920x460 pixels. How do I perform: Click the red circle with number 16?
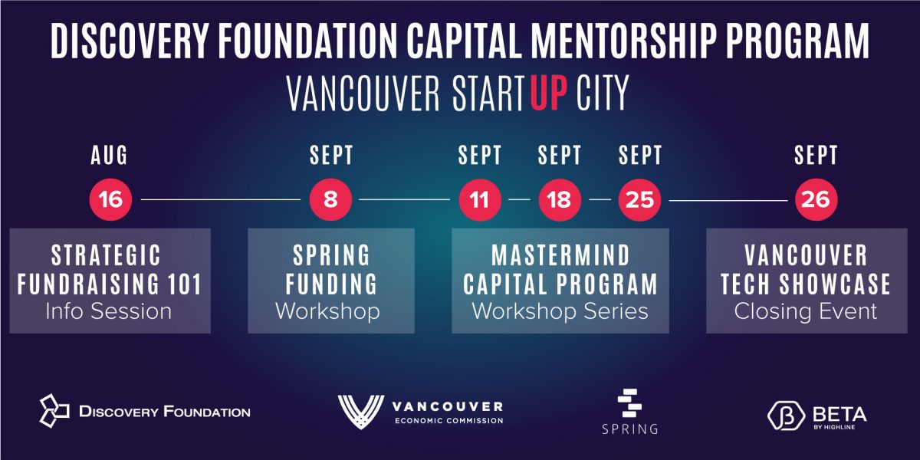pos(110,199)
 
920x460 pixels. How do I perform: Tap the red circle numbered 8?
pos(330,199)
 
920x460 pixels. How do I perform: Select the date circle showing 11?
pos(480,200)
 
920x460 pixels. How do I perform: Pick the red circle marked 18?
pos(560,200)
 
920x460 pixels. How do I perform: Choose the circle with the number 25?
pos(639,200)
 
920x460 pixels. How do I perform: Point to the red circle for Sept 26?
pos(816,199)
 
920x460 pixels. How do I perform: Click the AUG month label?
pos(109,155)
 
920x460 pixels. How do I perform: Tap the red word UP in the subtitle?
pos(549,93)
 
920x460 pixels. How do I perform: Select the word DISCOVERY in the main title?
pos(130,41)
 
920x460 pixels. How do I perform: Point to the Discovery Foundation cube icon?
pos(54,411)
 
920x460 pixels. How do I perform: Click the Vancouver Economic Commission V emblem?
pos(361,412)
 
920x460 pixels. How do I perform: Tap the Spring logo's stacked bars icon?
pos(629,403)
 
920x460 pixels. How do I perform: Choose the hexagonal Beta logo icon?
pos(786,416)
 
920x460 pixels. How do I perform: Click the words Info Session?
pos(108,311)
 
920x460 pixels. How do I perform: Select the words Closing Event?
pos(806,311)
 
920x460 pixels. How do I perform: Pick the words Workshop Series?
pos(560,311)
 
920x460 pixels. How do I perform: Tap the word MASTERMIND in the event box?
pos(560,255)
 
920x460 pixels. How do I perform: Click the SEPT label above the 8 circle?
pos(331,155)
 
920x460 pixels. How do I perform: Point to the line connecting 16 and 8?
pos(221,199)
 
